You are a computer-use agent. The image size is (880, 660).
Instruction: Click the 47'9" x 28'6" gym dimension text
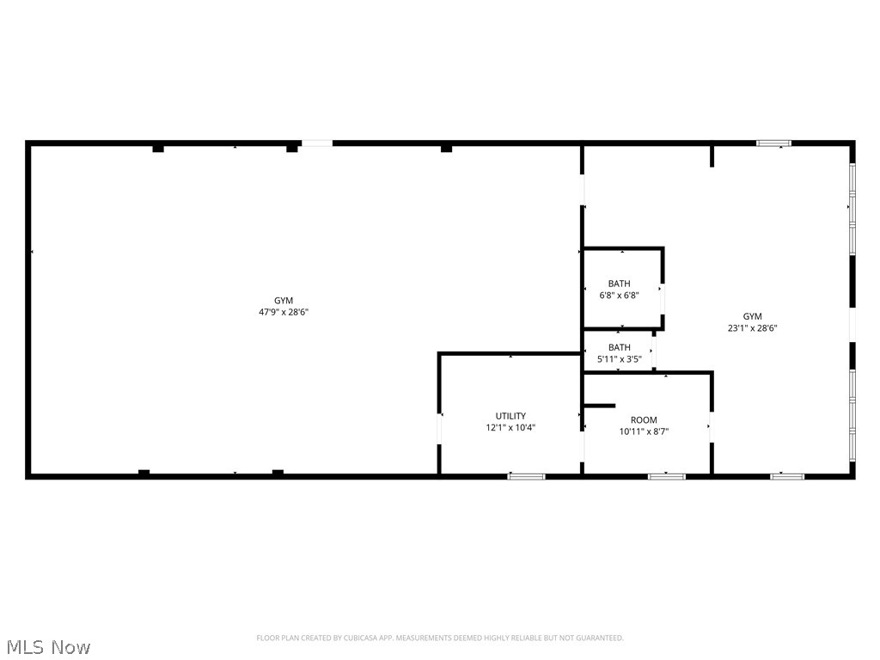[284, 312]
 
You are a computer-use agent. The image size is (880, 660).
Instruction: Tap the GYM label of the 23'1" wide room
[753, 316]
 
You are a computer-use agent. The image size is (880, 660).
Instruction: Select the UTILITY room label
[510, 416]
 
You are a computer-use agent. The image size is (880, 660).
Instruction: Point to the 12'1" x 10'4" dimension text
[510, 427]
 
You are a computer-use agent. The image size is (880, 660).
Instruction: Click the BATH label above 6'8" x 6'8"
[619, 284]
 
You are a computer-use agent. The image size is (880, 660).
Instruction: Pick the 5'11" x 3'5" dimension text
[619, 358]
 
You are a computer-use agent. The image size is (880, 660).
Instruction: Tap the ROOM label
[644, 420]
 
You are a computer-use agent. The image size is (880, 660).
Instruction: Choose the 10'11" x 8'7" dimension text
[644, 431]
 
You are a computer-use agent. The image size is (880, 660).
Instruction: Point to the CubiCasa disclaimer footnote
[440, 638]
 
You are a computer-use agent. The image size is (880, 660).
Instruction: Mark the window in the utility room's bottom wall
[526, 475]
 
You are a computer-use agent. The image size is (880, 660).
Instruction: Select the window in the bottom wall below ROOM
[666, 475]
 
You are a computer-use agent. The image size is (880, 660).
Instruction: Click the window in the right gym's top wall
[773, 143]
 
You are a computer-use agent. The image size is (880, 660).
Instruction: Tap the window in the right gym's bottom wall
[786, 475]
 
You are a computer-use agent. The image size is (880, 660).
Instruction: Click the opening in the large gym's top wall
[316, 143]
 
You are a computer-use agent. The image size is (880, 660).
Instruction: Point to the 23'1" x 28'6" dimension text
[753, 327]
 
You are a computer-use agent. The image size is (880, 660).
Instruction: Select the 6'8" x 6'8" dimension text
[619, 295]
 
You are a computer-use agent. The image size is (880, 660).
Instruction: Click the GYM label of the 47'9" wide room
[284, 301]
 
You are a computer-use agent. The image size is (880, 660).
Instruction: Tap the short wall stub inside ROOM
[600, 405]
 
